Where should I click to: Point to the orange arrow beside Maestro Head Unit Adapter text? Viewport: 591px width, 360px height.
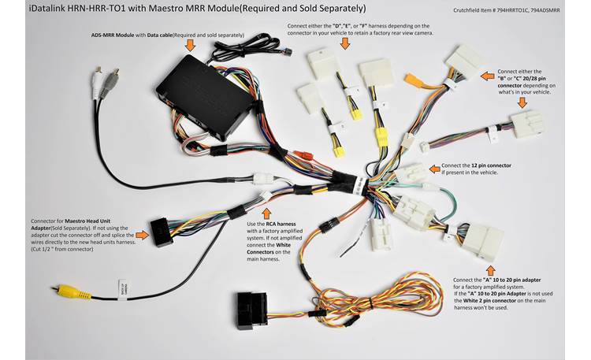[x=142, y=234]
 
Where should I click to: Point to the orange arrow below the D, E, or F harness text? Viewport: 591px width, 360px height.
[x=344, y=44]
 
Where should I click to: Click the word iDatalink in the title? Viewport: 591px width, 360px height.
[x=29, y=9]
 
